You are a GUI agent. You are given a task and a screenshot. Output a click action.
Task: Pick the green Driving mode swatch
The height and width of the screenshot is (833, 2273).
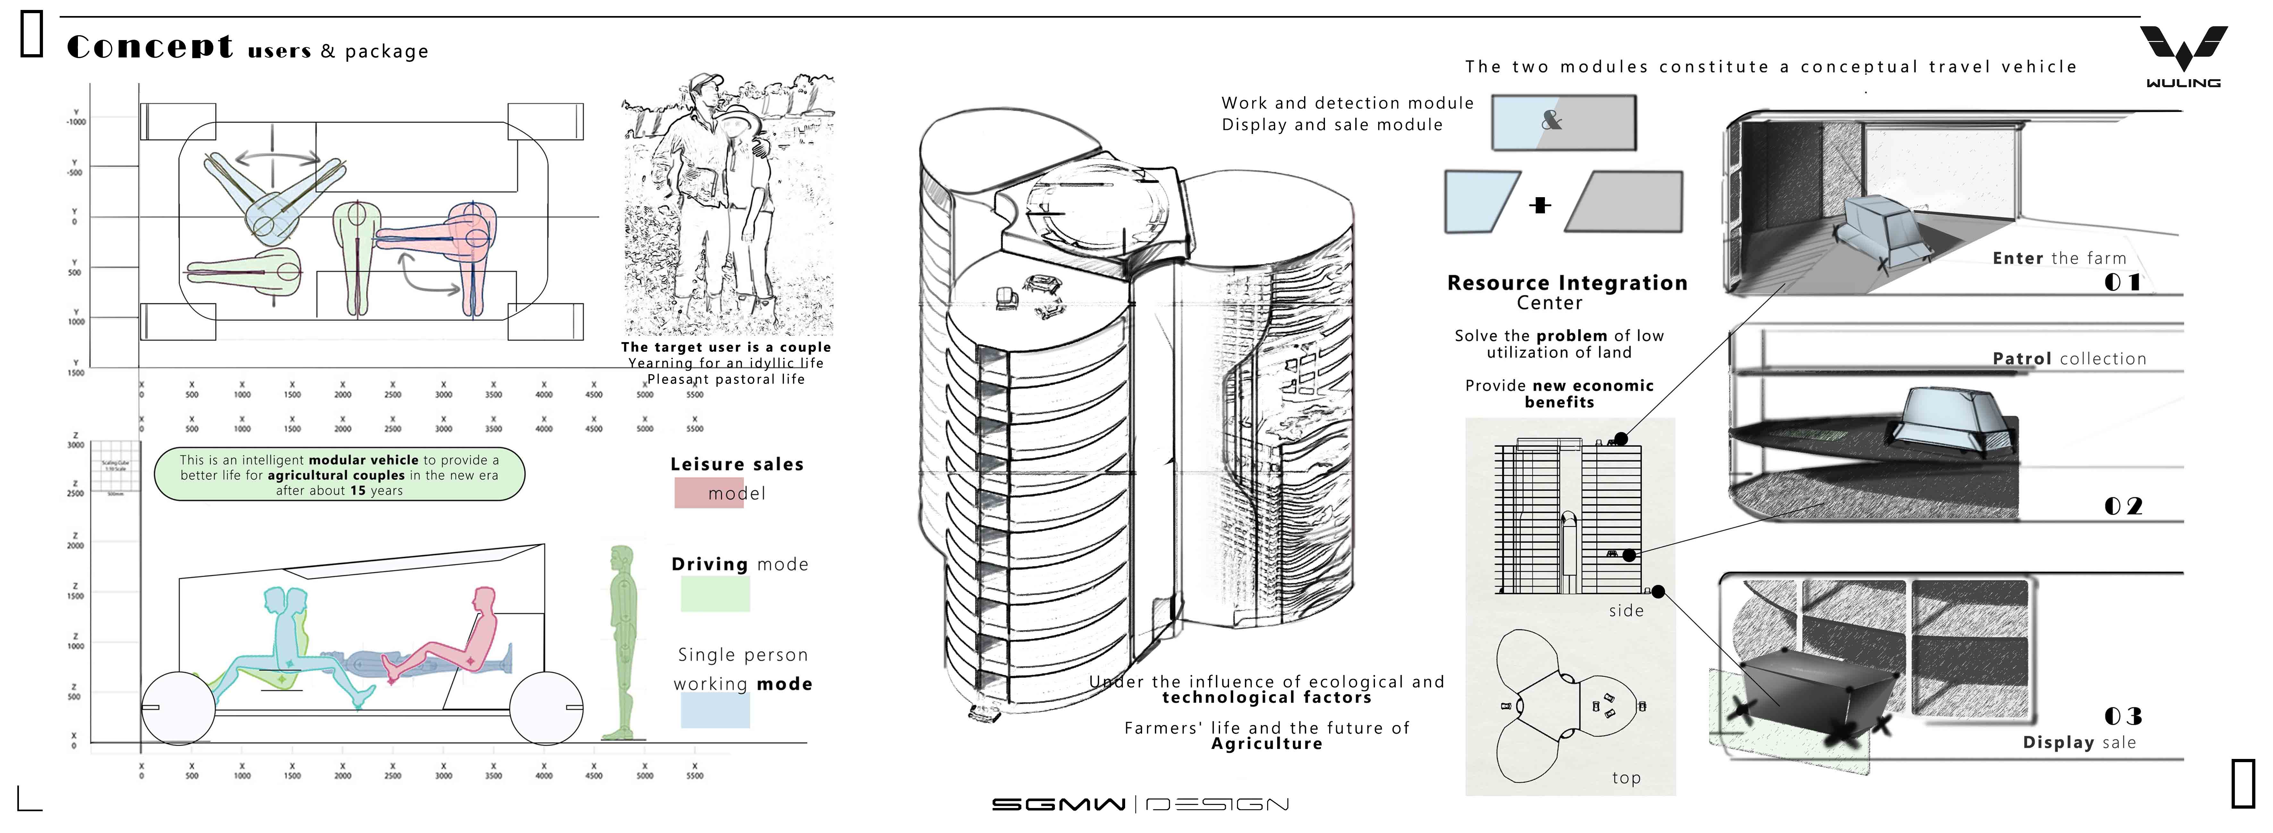(x=715, y=594)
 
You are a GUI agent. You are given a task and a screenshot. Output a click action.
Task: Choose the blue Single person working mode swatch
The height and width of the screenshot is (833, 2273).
(x=715, y=710)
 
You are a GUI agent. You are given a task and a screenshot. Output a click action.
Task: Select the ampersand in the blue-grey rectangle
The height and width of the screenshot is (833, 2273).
(x=1551, y=121)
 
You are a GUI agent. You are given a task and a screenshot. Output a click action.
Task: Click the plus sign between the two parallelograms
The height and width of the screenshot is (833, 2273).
(x=1540, y=205)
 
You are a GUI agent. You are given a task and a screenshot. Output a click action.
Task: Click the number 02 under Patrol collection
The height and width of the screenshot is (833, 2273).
(x=2122, y=506)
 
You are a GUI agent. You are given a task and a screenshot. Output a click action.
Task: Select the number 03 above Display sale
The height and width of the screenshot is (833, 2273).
(x=2122, y=716)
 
